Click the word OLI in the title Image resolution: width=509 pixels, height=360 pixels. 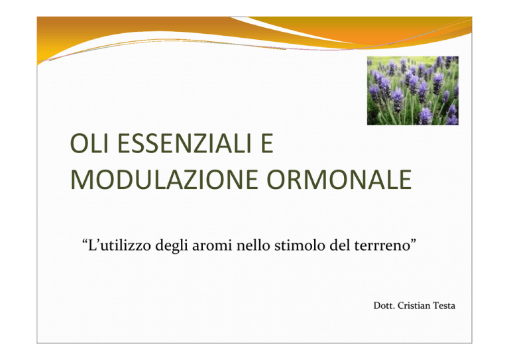(x=89, y=143)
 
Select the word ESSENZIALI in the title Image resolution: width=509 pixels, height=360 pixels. (x=184, y=143)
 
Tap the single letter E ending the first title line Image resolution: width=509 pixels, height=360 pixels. (x=266, y=143)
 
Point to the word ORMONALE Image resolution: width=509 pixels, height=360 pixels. (x=339, y=180)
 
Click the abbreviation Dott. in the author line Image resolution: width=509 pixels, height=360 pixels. (x=384, y=306)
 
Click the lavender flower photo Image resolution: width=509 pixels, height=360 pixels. (x=413, y=91)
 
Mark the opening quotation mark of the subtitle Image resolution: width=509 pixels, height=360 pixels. (x=85, y=242)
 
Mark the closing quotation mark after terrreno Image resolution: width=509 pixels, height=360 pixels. (x=414, y=242)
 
